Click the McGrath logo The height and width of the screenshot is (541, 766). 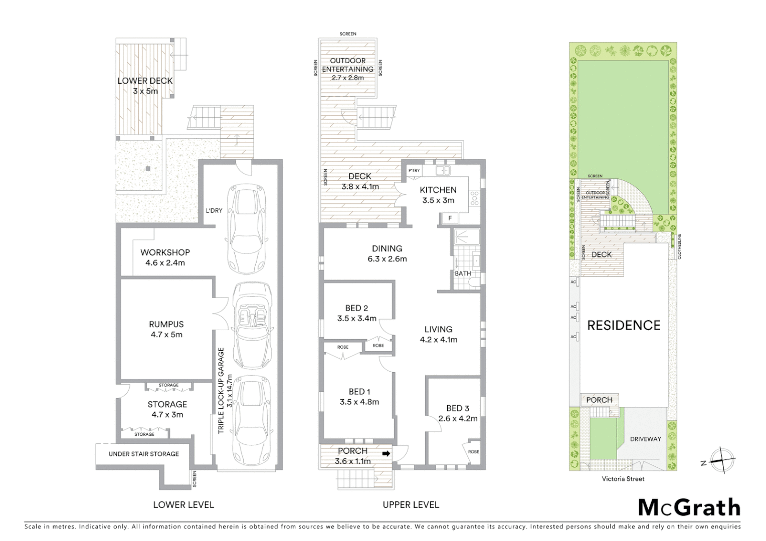pyautogui.click(x=689, y=508)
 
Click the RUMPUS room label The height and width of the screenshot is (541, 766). pyautogui.click(x=166, y=324)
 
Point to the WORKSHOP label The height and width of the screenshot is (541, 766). pyautogui.click(x=165, y=252)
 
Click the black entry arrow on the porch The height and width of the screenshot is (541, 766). pyautogui.click(x=386, y=453)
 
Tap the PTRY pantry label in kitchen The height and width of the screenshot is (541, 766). pyautogui.click(x=414, y=171)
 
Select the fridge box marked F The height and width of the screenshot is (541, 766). pyautogui.click(x=450, y=218)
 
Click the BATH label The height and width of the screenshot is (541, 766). pyautogui.click(x=463, y=274)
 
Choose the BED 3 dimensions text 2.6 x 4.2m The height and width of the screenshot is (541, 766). pyautogui.click(x=457, y=419)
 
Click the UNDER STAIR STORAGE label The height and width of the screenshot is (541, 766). pyautogui.click(x=144, y=454)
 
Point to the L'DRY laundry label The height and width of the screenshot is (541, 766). pyautogui.click(x=214, y=211)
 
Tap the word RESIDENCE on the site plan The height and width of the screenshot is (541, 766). pyautogui.click(x=624, y=326)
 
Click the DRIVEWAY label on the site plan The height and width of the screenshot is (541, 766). pyautogui.click(x=645, y=439)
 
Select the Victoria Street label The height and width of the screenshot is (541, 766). pyautogui.click(x=623, y=479)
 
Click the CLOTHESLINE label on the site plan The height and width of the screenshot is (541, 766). pyautogui.click(x=680, y=245)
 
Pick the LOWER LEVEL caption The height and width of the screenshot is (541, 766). pyautogui.click(x=183, y=505)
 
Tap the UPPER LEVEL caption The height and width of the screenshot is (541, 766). pyautogui.click(x=411, y=505)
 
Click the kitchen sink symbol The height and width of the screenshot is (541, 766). pyautogui.click(x=443, y=171)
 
